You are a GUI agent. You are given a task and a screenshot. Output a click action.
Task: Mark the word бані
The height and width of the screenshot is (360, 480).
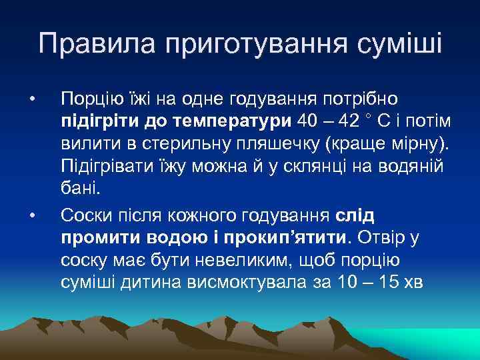[81, 189]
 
